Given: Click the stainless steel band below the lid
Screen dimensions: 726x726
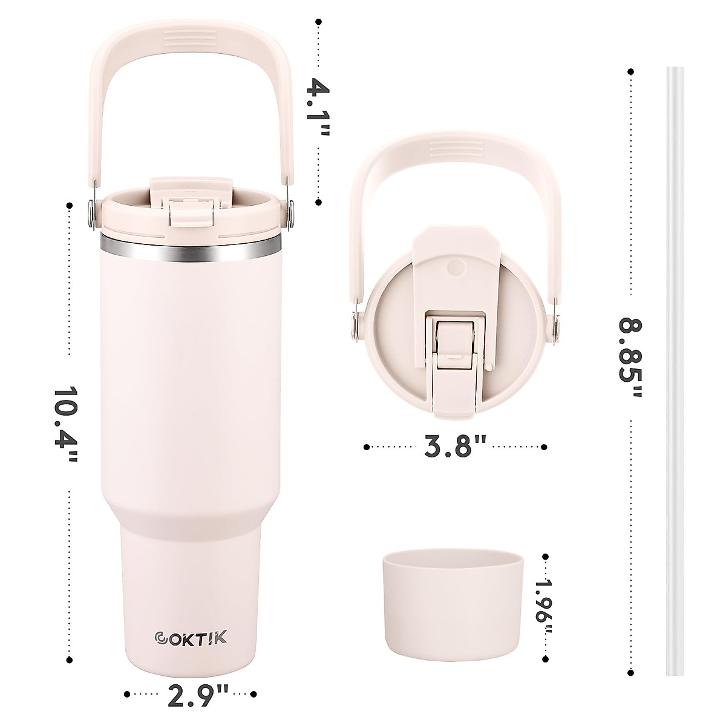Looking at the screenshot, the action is point(191,247).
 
